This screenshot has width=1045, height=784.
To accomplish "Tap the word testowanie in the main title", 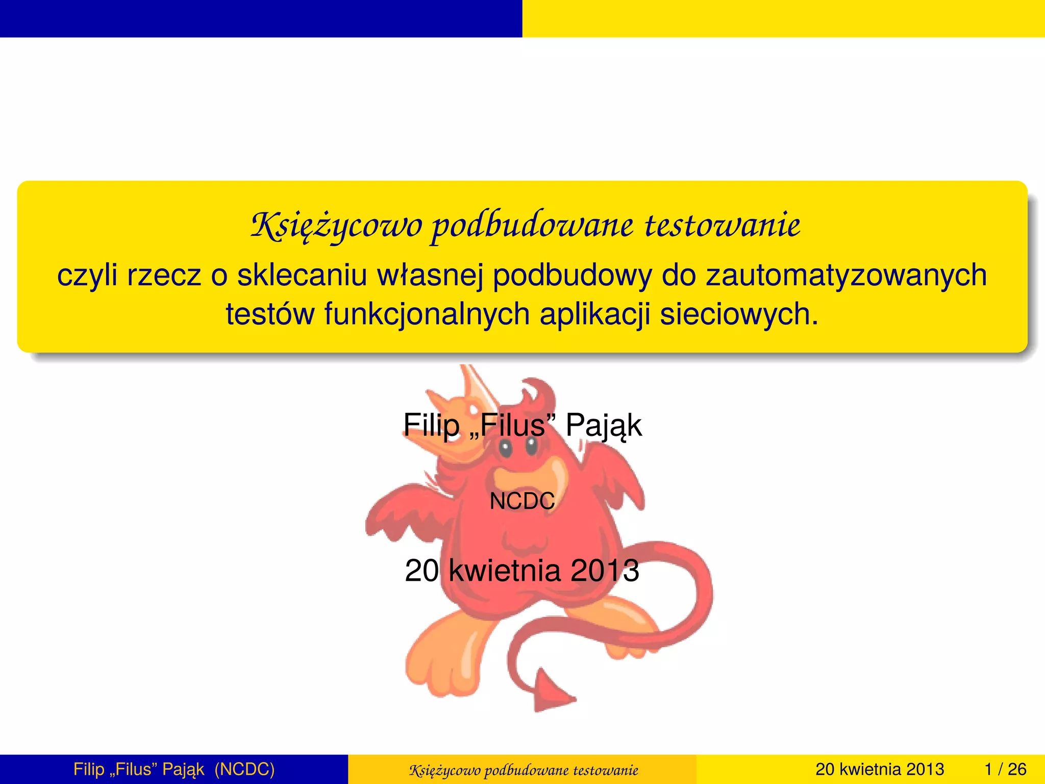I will tap(723, 226).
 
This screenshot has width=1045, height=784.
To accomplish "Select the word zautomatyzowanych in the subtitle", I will tap(847, 276).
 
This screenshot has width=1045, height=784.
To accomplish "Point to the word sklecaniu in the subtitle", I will tap(302, 276).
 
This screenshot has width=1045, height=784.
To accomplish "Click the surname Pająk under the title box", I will tap(603, 425).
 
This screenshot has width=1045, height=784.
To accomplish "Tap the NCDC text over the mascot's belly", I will tap(522, 501).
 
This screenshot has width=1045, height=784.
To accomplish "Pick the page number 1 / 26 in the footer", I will tap(1005, 769).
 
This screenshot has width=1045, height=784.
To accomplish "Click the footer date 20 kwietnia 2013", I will tap(880, 769).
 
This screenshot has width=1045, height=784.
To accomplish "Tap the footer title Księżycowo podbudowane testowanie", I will tap(523, 770).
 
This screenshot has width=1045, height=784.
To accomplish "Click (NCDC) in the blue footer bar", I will tap(244, 769).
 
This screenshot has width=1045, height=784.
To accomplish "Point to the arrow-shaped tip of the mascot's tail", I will tap(549, 693).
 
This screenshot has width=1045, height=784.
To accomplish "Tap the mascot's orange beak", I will tap(531, 477).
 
